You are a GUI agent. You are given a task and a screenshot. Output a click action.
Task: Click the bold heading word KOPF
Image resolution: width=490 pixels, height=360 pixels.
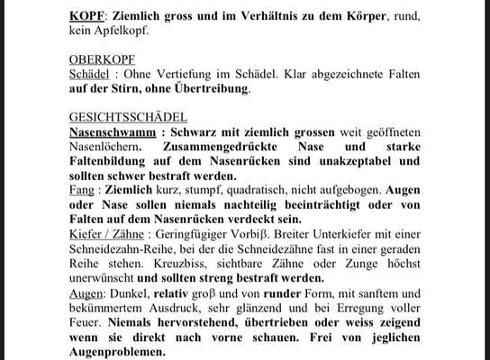[87, 17]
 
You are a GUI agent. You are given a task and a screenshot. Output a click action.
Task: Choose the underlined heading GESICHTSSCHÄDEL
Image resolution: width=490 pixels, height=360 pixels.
[128, 117]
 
